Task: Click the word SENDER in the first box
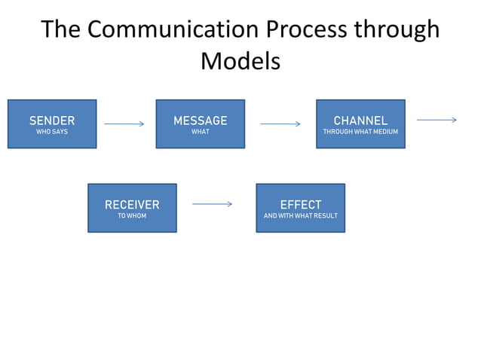(x=52, y=121)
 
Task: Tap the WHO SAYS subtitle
(x=52, y=133)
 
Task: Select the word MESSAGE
(x=200, y=121)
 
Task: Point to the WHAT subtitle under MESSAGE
(x=200, y=133)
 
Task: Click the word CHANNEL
(x=360, y=121)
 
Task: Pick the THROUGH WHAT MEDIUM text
(x=360, y=133)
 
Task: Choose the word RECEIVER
(x=132, y=205)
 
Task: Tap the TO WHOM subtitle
(x=132, y=216)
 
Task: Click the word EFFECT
(x=300, y=205)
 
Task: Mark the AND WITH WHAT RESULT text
(x=300, y=216)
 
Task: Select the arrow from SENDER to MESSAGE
(x=124, y=124)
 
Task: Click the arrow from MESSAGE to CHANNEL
(x=280, y=124)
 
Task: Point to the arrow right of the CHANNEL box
(x=437, y=120)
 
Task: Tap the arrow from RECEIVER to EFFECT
(x=212, y=203)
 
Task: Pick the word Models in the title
(x=240, y=61)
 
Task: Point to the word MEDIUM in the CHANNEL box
(x=384, y=133)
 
